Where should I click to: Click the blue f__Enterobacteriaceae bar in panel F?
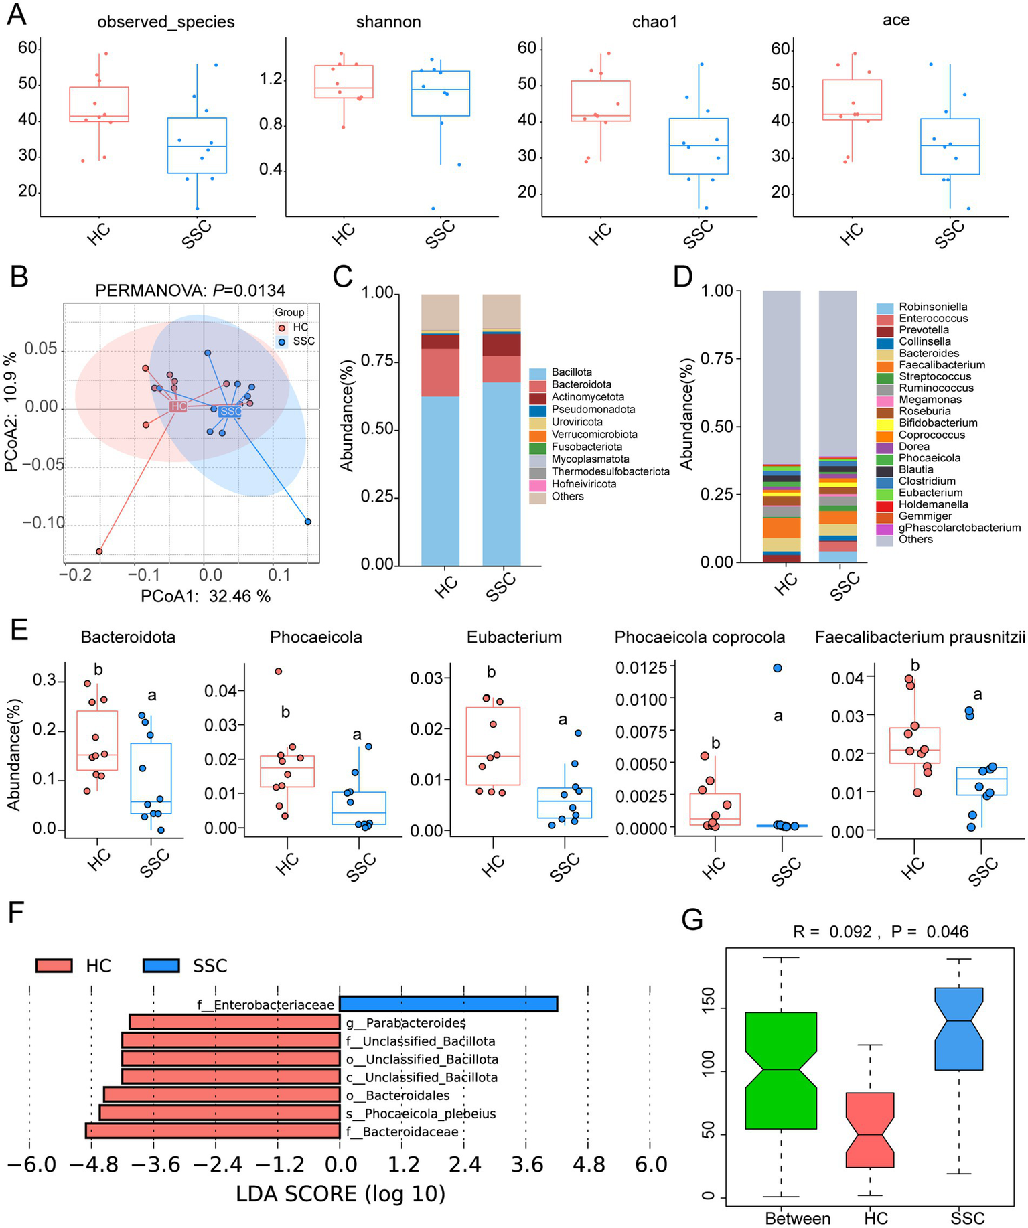point(448,1004)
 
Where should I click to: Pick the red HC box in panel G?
point(869,1130)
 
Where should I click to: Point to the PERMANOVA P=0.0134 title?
point(190,290)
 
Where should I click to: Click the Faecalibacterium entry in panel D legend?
point(942,365)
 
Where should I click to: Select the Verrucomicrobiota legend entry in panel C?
point(594,434)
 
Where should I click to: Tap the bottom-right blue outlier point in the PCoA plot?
point(308,522)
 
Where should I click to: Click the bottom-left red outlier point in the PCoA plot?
point(99,552)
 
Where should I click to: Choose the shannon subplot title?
point(388,22)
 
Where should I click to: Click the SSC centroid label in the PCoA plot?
point(230,411)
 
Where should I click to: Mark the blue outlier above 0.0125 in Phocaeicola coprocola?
point(778,668)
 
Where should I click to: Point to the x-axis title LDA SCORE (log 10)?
point(340,1193)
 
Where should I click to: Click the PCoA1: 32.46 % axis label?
point(206,596)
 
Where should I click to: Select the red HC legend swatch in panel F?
point(54,966)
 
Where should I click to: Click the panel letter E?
point(18,631)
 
